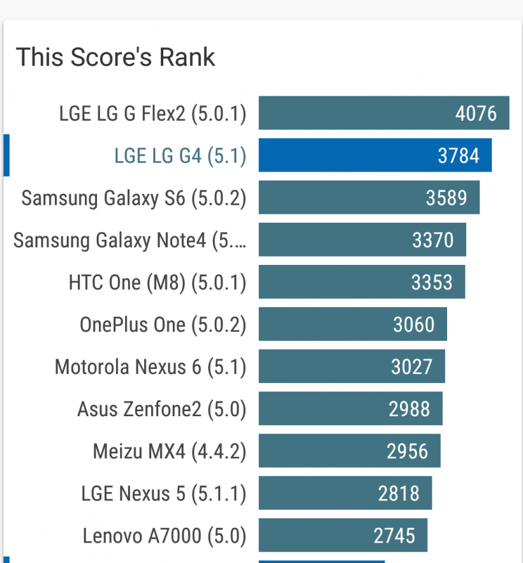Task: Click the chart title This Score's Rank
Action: pyautogui.click(x=115, y=57)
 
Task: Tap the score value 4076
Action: pyautogui.click(x=476, y=114)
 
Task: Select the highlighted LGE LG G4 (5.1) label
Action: pyautogui.click(x=180, y=156)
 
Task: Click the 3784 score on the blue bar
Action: pyautogui.click(x=458, y=156)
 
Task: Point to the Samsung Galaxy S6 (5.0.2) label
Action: pyautogui.click(x=134, y=198)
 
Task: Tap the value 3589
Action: pyautogui.click(x=446, y=198)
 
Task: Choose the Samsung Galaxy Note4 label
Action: pyautogui.click(x=129, y=240)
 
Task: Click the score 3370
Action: pyautogui.click(x=432, y=240)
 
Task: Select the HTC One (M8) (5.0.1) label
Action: pyautogui.click(x=157, y=282)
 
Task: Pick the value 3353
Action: pyautogui.click(x=432, y=282)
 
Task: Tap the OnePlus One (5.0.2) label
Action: pyautogui.click(x=163, y=324)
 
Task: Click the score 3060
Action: pyautogui.click(x=413, y=324)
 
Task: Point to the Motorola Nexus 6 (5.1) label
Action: pyautogui.click(x=151, y=366)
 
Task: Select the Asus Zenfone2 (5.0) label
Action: pyautogui.click(x=161, y=409)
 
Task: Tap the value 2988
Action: pyautogui.click(x=409, y=409)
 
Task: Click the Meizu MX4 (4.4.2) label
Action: pyautogui.click(x=169, y=451)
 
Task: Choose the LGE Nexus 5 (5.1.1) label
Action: pyautogui.click(x=163, y=493)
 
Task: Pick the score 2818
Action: pyautogui.click(x=399, y=493)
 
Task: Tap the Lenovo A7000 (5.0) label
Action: pyautogui.click(x=164, y=535)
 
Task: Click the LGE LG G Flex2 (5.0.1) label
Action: pyautogui.click(x=152, y=114)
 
